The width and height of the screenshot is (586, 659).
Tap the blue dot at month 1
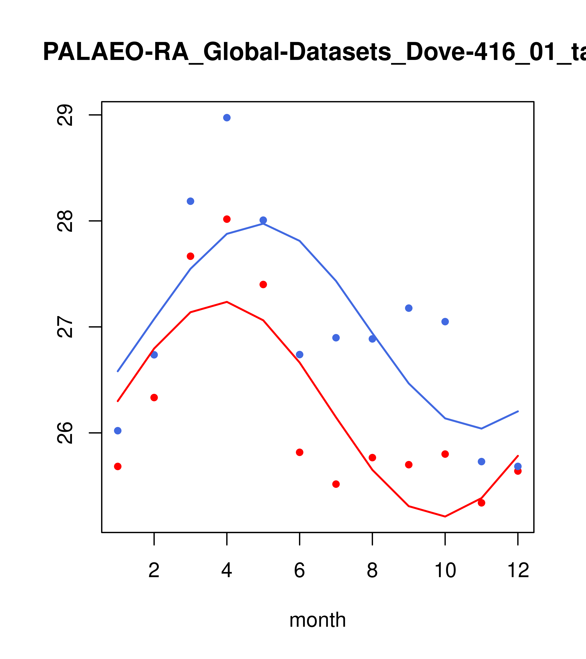click(x=118, y=431)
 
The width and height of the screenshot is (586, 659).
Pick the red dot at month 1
click(x=118, y=467)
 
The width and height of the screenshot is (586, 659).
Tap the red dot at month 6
click(x=300, y=452)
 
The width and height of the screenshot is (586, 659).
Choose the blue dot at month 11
click(x=482, y=462)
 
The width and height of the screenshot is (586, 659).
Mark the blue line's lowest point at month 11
click(x=482, y=429)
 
